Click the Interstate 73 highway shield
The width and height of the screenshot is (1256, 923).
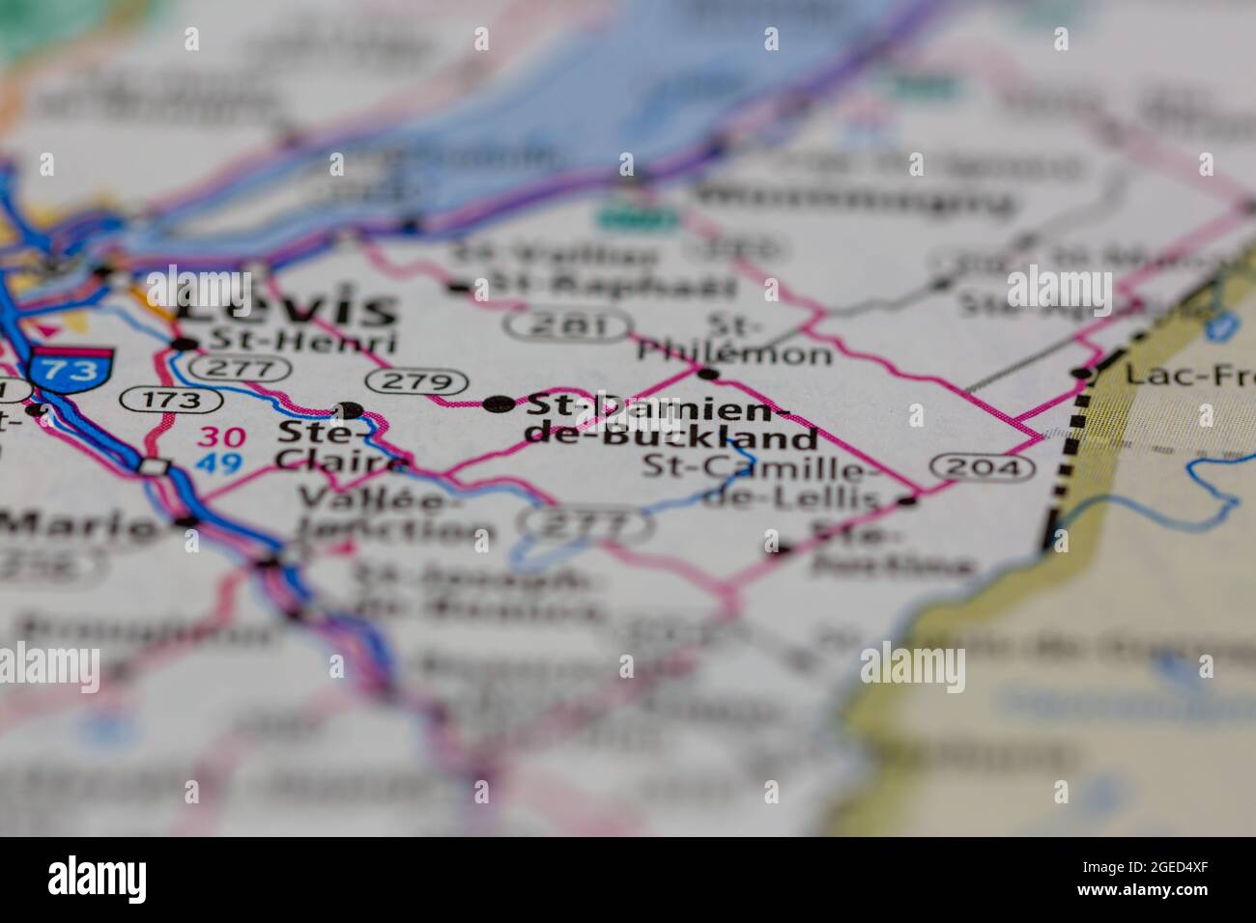tap(71, 369)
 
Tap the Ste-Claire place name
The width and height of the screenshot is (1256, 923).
tap(338, 445)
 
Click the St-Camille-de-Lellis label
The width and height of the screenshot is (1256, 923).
tap(762, 484)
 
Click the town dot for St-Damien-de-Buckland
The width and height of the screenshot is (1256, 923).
tap(499, 405)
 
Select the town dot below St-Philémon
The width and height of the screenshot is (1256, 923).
tap(708, 374)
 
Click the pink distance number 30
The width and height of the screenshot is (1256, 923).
tap(219, 437)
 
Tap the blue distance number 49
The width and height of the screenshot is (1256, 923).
tap(219, 463)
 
